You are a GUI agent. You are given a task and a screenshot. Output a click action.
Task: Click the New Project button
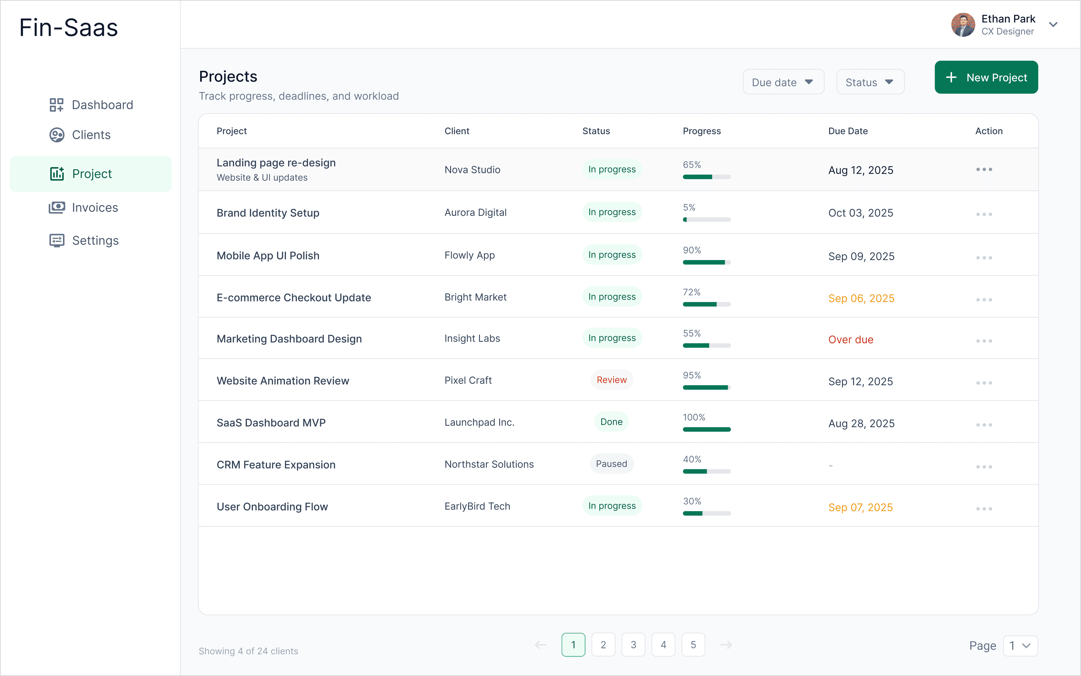click(986, 77)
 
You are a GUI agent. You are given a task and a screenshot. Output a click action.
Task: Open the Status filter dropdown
click(870, 82)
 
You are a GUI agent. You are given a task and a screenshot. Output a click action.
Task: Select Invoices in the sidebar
click(95, 207)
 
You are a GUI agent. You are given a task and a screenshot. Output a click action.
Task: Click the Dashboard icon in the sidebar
click(56, 105)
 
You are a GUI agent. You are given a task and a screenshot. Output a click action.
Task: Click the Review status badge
click(611, 380)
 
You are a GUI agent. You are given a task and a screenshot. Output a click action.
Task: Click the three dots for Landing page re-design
click(984, 169)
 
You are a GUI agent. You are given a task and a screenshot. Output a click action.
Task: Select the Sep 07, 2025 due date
click(860, 507)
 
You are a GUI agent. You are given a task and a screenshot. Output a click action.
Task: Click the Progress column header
click(701, 131)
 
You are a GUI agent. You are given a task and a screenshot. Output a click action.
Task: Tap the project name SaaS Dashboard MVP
click(271, 422)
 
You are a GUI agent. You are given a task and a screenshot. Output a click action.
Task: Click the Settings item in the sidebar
click(95, 241)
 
